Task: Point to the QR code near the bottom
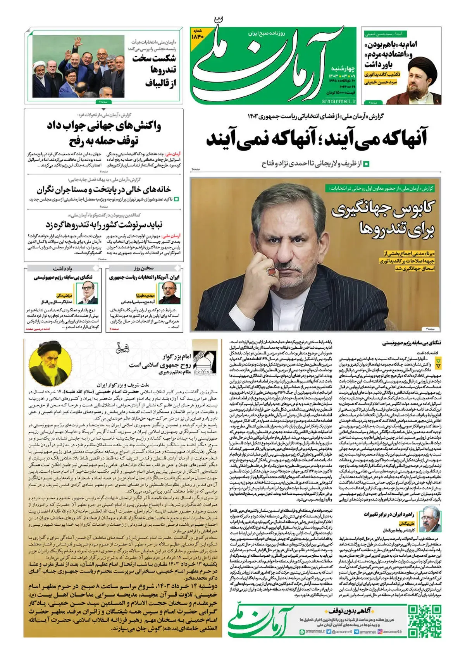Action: point(425,621)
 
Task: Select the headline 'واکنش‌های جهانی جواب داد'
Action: point(104,126)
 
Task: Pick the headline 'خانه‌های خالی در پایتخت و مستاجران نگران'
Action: point(104,189)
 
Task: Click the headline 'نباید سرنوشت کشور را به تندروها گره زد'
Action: point(104,225)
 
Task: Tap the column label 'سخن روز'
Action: point(144,268)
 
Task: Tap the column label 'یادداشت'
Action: point(62,268)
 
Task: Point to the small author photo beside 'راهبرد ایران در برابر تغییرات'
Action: point(431,521)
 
